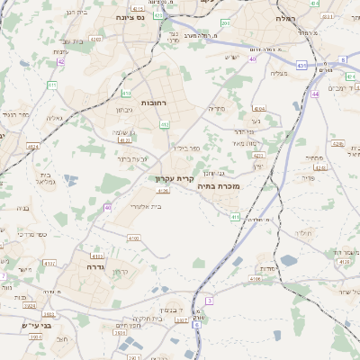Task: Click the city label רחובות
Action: (154, 103)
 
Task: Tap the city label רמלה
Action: (288, 17)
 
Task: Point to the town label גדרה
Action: (97, 266)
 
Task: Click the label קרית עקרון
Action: (175, 177)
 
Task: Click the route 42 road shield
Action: (61, 62)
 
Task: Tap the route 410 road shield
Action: (126, 94)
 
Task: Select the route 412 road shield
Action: (165, 124)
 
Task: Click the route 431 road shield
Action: (301, 66)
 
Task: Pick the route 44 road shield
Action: (315, 94)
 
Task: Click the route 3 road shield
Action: (209, 300)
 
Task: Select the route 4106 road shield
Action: (256, 279)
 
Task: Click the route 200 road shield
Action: (225, 23)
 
